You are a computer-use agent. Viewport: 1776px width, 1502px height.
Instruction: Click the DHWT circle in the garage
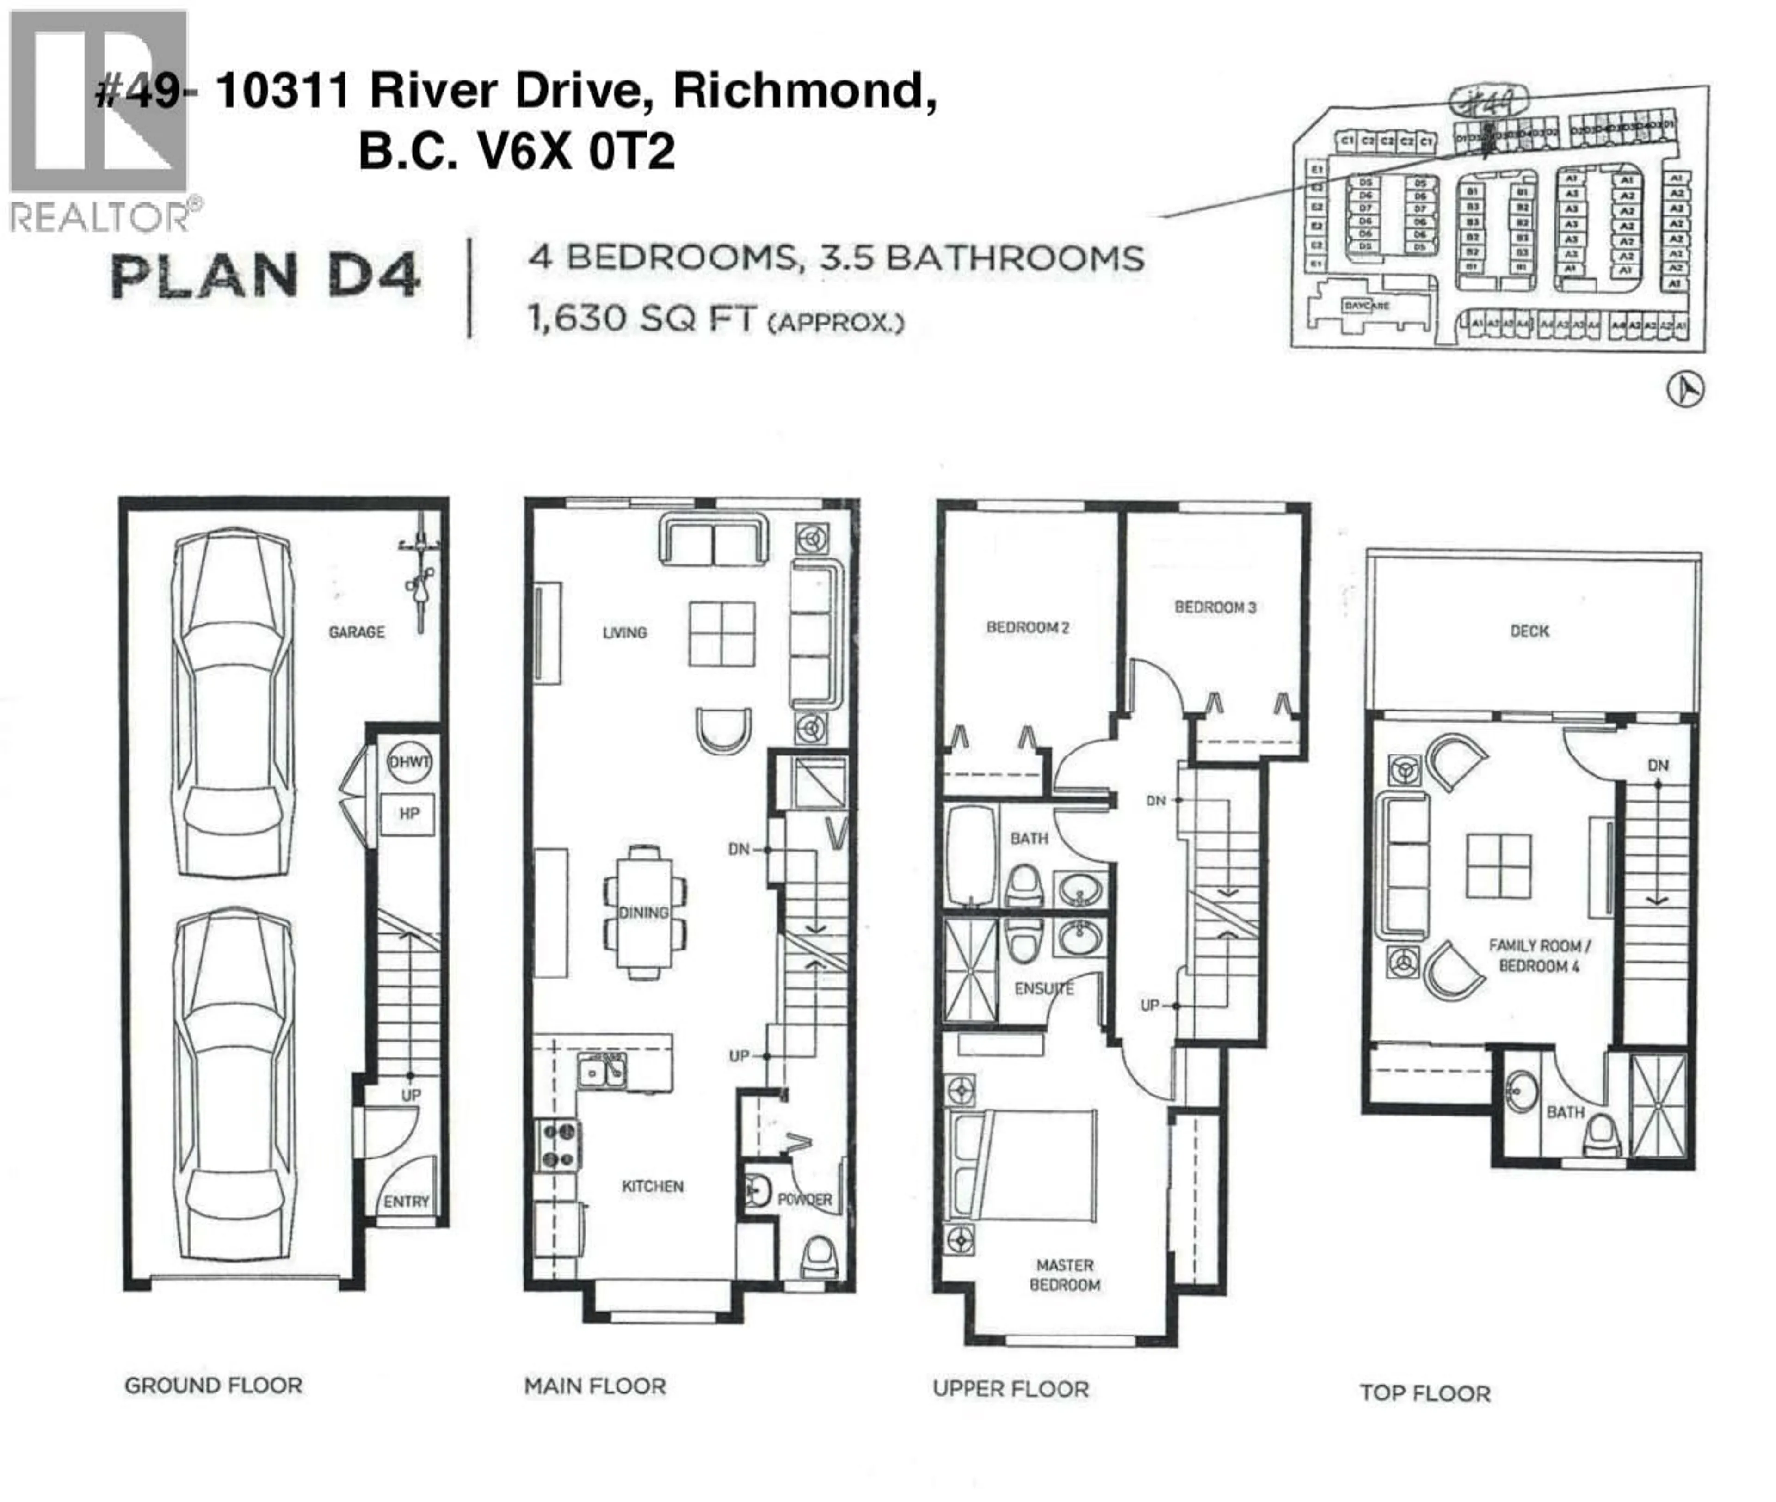409,762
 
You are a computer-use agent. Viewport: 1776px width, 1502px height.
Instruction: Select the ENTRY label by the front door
407,1202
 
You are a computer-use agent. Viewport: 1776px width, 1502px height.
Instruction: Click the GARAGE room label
356,632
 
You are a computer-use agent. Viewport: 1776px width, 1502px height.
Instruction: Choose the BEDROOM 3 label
1215,607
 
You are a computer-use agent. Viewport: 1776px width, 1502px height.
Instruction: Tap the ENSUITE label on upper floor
1043,988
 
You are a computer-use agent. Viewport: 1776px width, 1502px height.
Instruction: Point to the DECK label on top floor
1529,631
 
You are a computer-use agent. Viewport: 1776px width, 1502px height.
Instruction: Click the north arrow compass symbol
1684,390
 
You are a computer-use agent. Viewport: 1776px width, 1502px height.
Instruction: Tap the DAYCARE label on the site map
1366,305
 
